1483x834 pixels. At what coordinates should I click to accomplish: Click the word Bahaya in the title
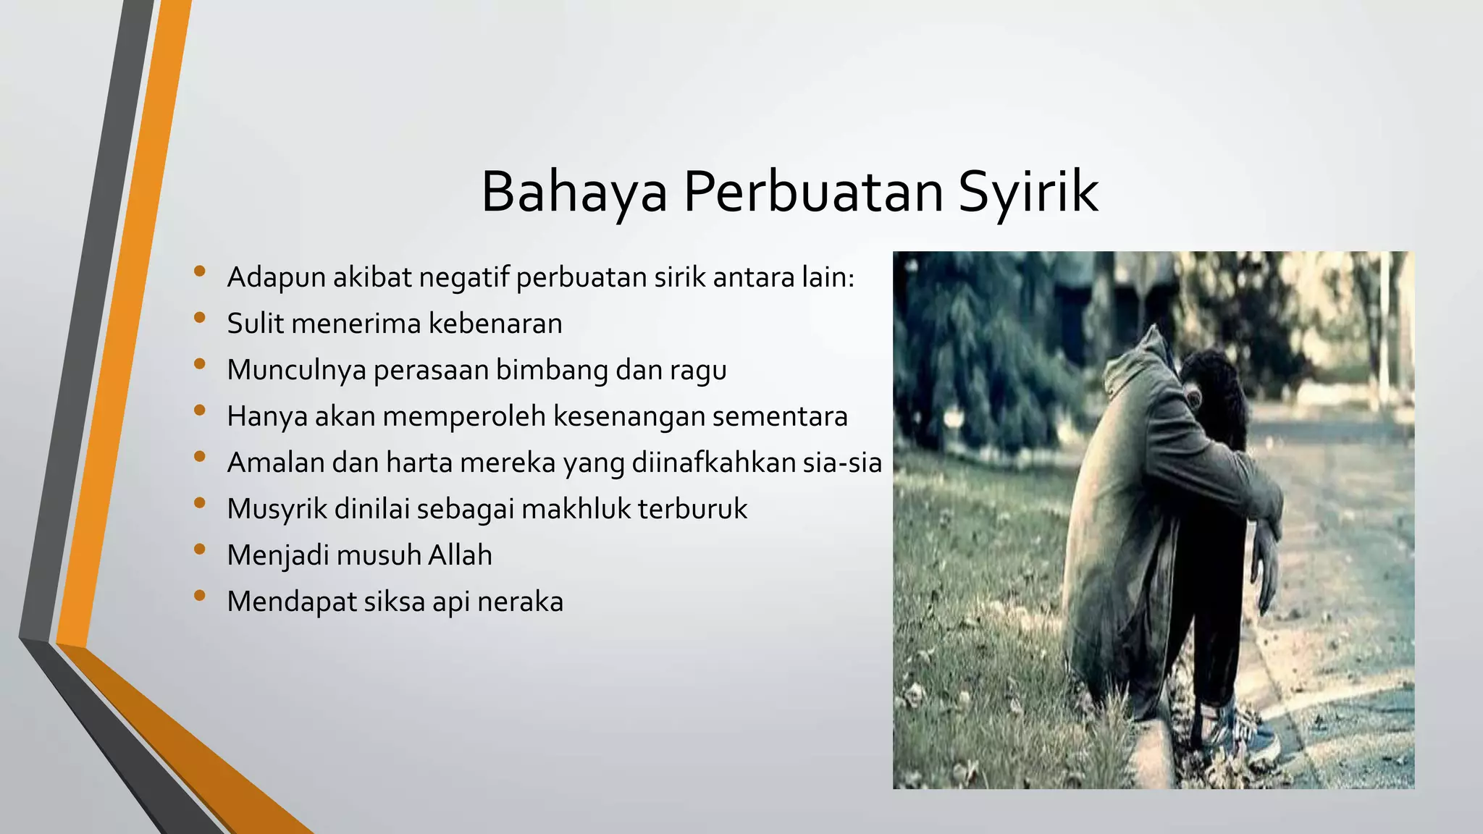point(574,192)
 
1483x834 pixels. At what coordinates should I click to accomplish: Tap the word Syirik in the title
point(1028,192)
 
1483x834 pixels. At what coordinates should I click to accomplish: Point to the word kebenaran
point(495,324)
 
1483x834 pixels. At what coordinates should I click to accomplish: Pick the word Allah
point(460,555)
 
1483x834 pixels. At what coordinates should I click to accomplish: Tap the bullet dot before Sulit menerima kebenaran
point(200,318)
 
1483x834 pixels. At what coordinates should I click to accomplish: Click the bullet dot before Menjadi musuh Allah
point(200,549)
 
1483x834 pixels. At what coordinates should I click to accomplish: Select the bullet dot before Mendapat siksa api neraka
point(200,596)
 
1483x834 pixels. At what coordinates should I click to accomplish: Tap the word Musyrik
point(277,509)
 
